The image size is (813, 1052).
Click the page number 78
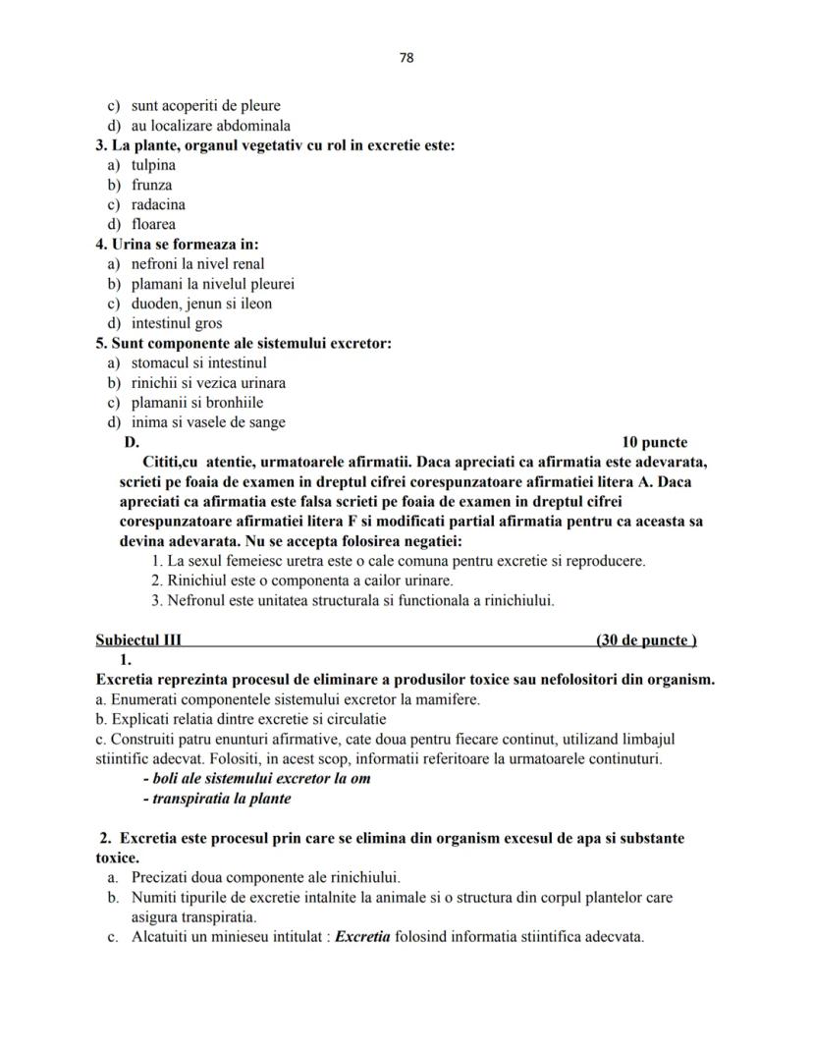tap(406, 58)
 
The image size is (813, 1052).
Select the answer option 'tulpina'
tap(153, 165)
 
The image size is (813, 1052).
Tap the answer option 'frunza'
tap(151, 185)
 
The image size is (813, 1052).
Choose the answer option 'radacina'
tap(158, 204)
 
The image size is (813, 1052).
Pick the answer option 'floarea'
tap(153, 224)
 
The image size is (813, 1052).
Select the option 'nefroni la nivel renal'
tap(197, 263)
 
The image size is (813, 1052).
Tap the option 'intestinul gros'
tap(177, 323)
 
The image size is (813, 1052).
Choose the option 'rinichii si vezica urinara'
tap(208, 382)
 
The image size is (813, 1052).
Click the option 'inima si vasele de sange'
tap(208, 422)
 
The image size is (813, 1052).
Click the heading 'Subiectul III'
tap(138, 640)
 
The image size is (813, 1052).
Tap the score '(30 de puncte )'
tap(646, 640)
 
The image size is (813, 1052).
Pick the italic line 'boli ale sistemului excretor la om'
tap(256, 778)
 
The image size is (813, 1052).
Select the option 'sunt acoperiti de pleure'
tap(205, 105)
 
